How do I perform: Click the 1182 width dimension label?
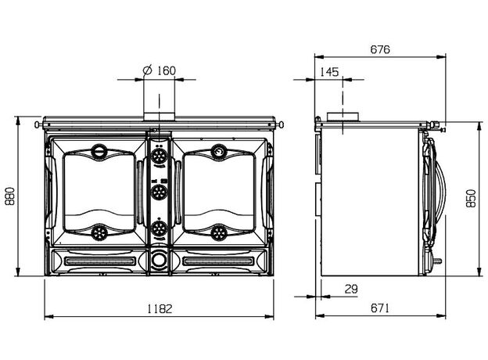[160, 308]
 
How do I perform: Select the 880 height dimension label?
[10, 196]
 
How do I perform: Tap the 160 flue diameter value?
[167, 70]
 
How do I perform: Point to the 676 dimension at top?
[380, 49]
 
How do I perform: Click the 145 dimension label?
[329, 72]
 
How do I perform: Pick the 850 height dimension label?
[471, 198]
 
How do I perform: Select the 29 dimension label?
[351, 290]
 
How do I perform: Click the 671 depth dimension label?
[380, 308]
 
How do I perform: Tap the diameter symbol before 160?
[147, 70]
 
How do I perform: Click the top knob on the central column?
[160, 156]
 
